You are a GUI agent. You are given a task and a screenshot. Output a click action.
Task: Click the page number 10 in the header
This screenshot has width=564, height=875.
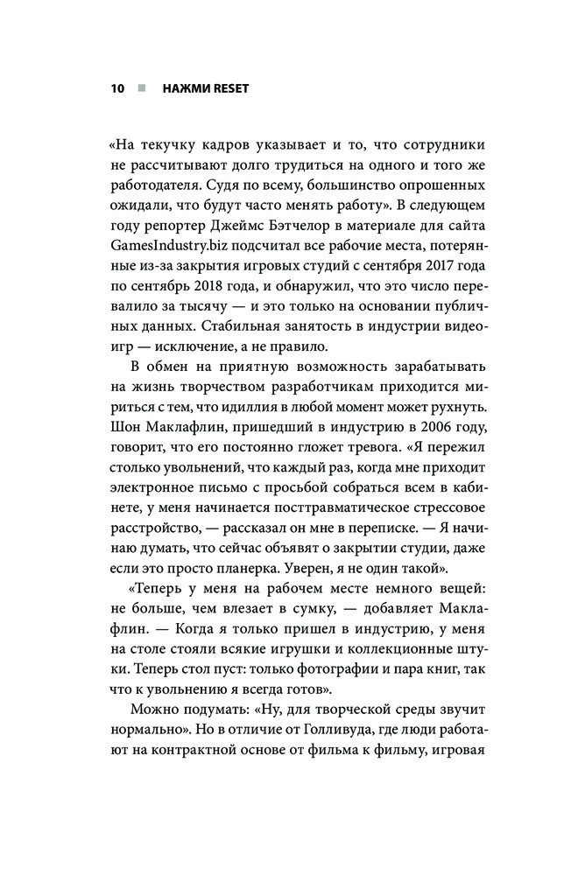coord(117,88)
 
